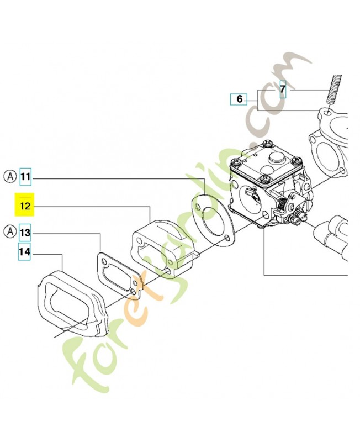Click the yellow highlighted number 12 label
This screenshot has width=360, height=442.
tap(24, 204)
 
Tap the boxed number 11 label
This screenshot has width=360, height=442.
tap(25, 177)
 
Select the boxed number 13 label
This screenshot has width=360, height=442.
tap(25, 233)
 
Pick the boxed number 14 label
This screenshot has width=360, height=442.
tap(24, 251)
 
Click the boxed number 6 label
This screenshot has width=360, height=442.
tap(239, 99)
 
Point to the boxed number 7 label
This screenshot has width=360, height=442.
tap(283, 89)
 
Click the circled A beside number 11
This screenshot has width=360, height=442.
tap(10, 177)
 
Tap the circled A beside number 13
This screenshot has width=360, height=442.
tap(10, 231)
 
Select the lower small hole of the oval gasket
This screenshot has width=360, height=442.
tap(226, 239)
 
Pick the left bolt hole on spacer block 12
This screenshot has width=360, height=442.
tap(139, 240)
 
